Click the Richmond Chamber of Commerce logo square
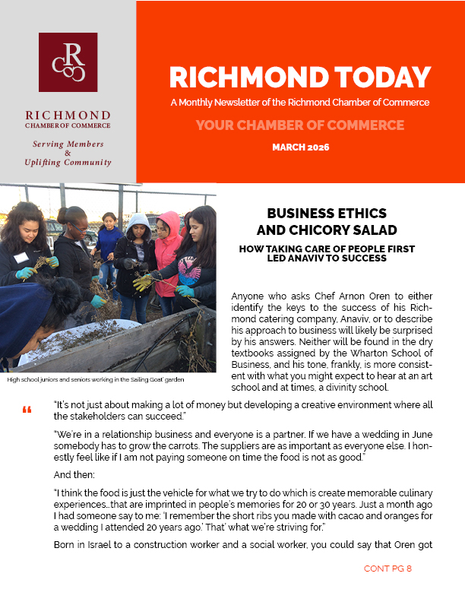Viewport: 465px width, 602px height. point(68,62)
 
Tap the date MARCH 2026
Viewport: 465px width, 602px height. point(300,147)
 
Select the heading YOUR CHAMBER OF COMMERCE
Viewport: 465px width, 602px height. point(300,125)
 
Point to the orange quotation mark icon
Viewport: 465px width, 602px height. point(27,411)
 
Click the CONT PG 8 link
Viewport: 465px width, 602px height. point(387,569)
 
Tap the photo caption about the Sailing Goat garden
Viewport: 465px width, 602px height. point(96,379)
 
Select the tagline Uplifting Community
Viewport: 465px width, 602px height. point(68,162)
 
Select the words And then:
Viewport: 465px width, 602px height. point(71,474)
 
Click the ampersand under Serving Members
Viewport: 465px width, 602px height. point(68,153)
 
